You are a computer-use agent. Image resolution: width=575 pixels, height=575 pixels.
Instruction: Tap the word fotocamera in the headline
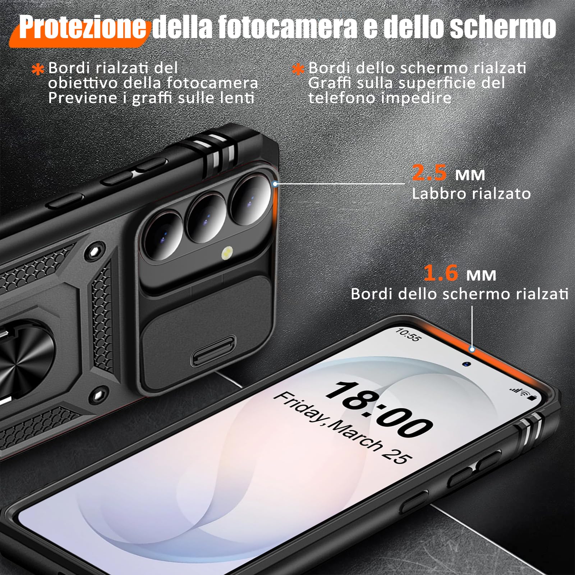287,27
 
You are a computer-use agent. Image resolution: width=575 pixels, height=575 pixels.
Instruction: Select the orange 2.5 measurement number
429,172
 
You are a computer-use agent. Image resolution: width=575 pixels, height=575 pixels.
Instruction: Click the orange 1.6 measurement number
441,273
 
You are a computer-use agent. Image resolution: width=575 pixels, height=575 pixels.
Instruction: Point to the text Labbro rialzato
471,194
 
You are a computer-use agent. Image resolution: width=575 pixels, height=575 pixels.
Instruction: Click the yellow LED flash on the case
227,252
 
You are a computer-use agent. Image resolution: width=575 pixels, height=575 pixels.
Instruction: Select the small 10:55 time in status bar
408,335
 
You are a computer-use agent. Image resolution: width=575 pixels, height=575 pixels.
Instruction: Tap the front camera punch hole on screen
466,364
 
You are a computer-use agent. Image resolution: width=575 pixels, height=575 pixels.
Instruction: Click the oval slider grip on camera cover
213,351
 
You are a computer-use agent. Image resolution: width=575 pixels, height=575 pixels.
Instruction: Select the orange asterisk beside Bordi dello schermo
298,69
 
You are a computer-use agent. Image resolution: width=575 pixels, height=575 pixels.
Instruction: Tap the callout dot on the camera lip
275,184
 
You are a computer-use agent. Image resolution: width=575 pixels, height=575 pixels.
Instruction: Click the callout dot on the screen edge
472,349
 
